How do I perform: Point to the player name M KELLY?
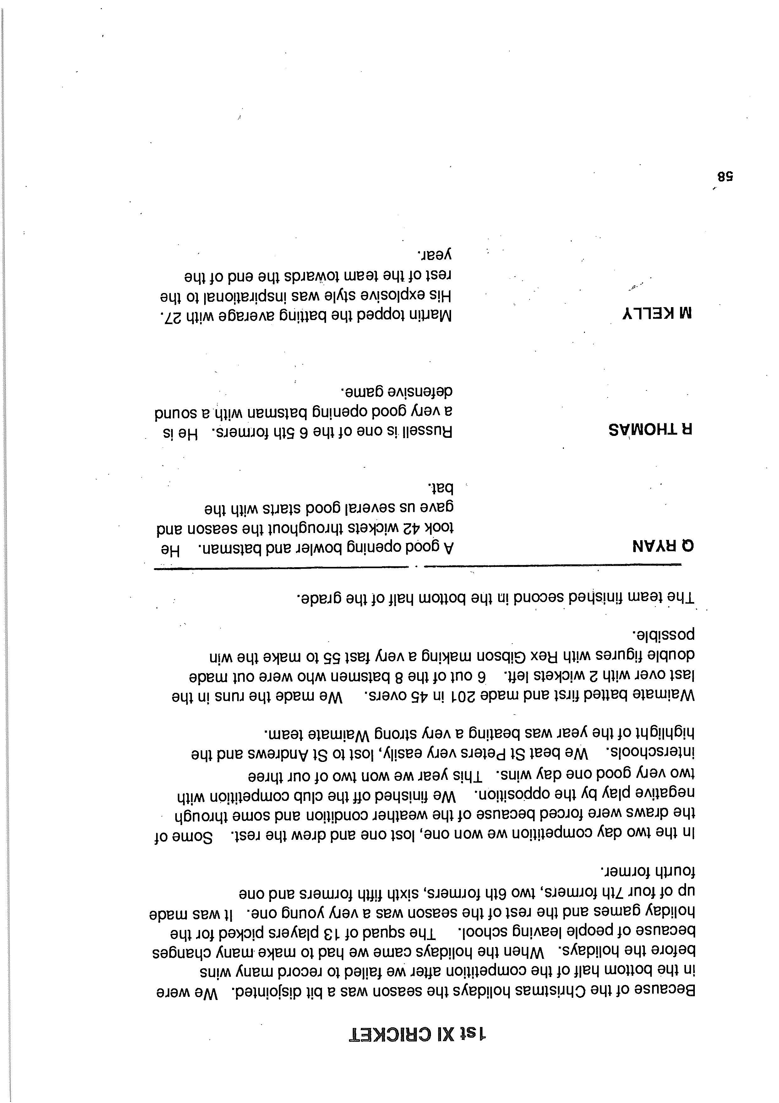click(657, 314)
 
